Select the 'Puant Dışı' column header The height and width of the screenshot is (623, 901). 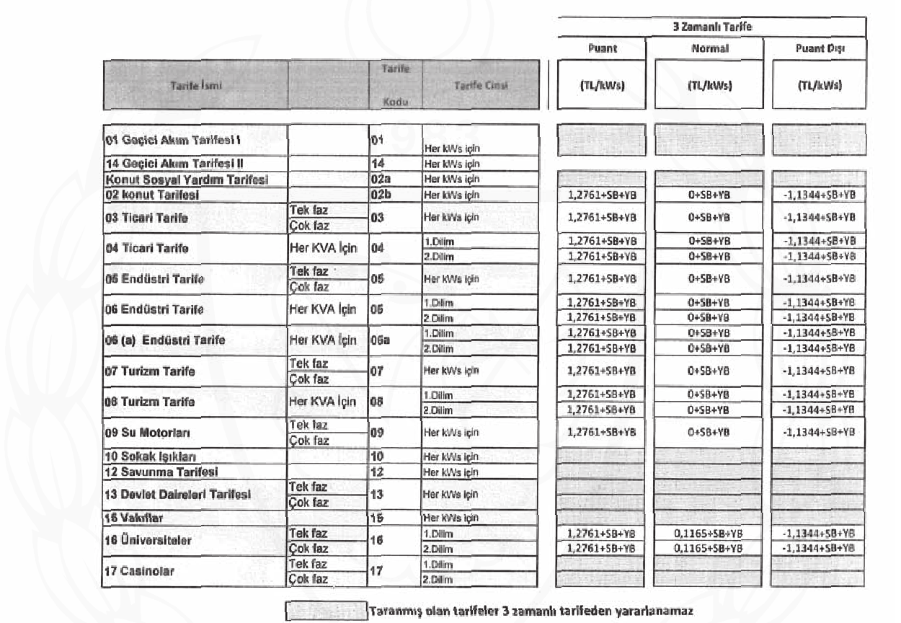(818, 49)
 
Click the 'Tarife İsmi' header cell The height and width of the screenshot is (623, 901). (195, 86)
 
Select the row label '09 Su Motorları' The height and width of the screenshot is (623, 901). (144, 433)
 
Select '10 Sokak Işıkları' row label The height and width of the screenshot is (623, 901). (151, 456)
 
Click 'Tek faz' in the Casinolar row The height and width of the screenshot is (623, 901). (308, 564)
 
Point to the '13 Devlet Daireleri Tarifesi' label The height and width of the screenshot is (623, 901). (177, 495)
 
